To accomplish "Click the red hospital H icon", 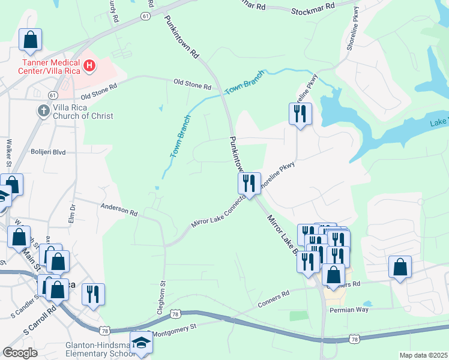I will [x=89, y=65].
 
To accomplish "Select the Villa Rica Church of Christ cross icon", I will [x=43, y=111].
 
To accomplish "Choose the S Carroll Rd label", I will [x=40, y=321].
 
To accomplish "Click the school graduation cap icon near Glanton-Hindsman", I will [x=142, y=343].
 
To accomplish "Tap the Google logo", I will [x=20, y=353].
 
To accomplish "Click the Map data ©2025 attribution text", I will [x=423, y=355].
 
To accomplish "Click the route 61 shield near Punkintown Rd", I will [x=146, y=17].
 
